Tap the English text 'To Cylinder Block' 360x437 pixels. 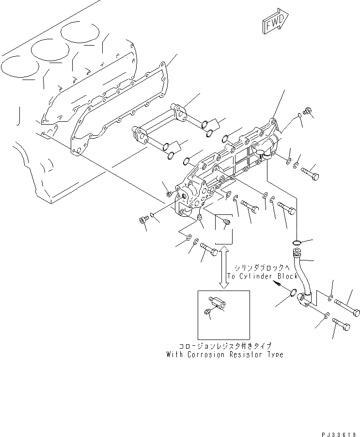tap(262, 276)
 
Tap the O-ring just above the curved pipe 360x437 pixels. tap(297, 242)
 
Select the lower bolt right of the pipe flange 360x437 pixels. tap(341, 325)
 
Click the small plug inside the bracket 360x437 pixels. tap(226, 222)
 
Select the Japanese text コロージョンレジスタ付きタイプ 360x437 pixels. tap(224, 346)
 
